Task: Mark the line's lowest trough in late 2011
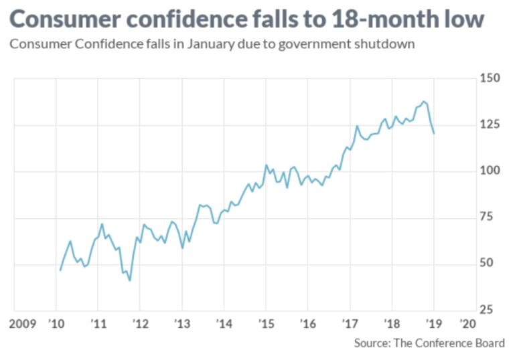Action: (x=129, y=280)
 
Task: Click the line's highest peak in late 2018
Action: (x=424, y=102)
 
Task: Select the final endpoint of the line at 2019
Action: (x=434, y=133)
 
